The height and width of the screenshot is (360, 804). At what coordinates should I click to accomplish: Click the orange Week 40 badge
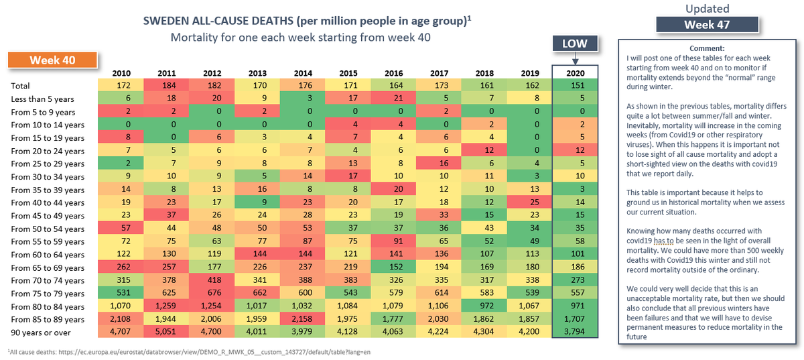52,60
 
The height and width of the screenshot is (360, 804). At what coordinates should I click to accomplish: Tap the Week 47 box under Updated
708,25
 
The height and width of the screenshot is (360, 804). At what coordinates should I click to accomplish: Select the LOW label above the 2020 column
574,44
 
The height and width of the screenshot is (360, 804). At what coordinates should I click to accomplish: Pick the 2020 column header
574,72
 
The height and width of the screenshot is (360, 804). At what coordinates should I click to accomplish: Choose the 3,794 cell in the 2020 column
574,332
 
